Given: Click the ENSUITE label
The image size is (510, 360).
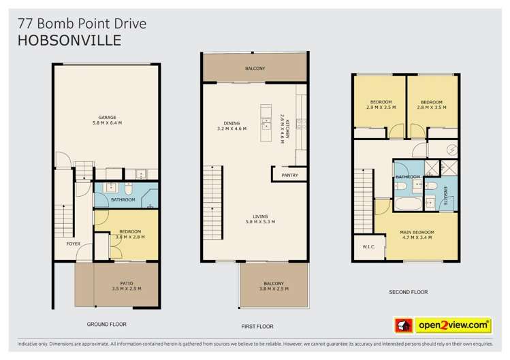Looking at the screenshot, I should click(445, 191).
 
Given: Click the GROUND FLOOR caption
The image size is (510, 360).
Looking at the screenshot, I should click(106, 324).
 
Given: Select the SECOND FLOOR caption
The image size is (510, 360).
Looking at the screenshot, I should click(408, 292).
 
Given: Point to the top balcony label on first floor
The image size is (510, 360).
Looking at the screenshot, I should click(255, 69).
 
